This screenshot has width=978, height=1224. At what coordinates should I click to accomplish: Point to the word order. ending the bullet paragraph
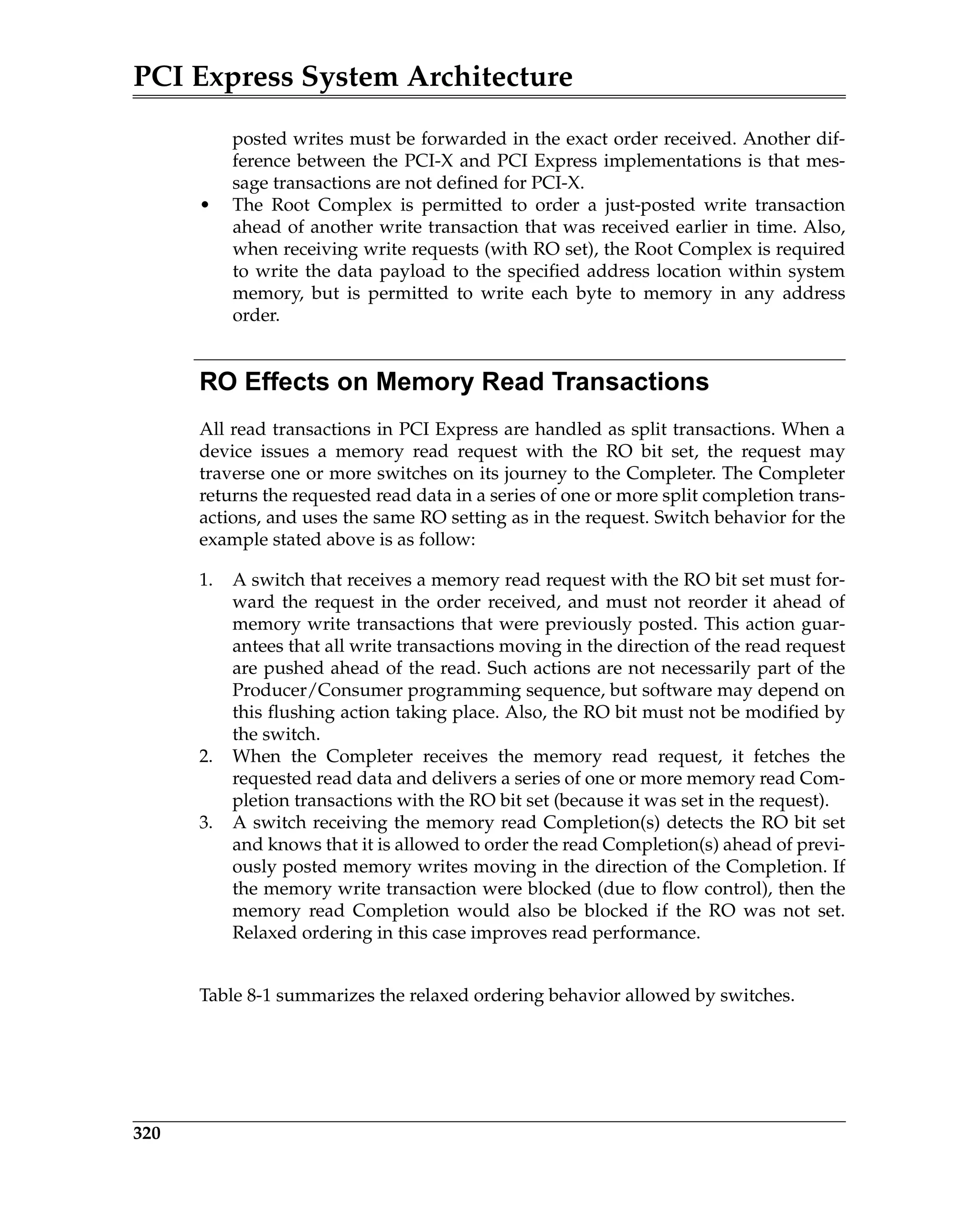click(x=255, y=316)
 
